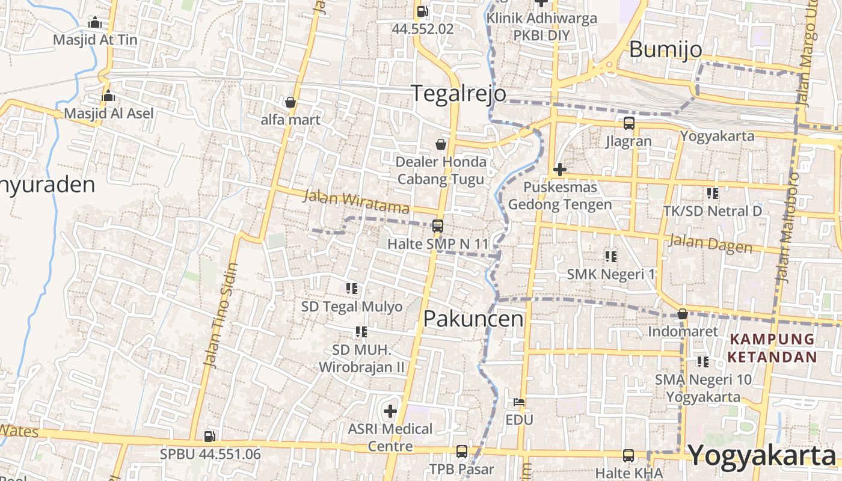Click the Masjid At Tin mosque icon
pos(95,23)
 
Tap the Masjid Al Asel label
pos(109,113)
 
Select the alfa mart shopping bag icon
pos(290,102)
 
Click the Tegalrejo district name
pos(458,94)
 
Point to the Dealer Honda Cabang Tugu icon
pos(441,144)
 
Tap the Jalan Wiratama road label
pos(356,201)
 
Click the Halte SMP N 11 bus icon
pos(438,226)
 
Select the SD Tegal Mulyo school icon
pos(352,289)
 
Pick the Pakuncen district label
pos(473,319)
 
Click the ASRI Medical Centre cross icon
pos(390,411)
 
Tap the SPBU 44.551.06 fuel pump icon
pos(209,436)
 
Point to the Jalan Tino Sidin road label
pos(220,315)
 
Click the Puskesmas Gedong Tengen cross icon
pos(560,170)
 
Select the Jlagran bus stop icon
pos(629,123)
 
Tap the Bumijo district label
pos(665,49)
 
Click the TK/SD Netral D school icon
pos(713,194)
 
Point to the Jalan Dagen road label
pos(710,244)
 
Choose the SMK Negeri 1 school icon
pos(611,257)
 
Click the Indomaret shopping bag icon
pos(683,314)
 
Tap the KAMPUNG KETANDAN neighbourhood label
pos(773,348)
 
